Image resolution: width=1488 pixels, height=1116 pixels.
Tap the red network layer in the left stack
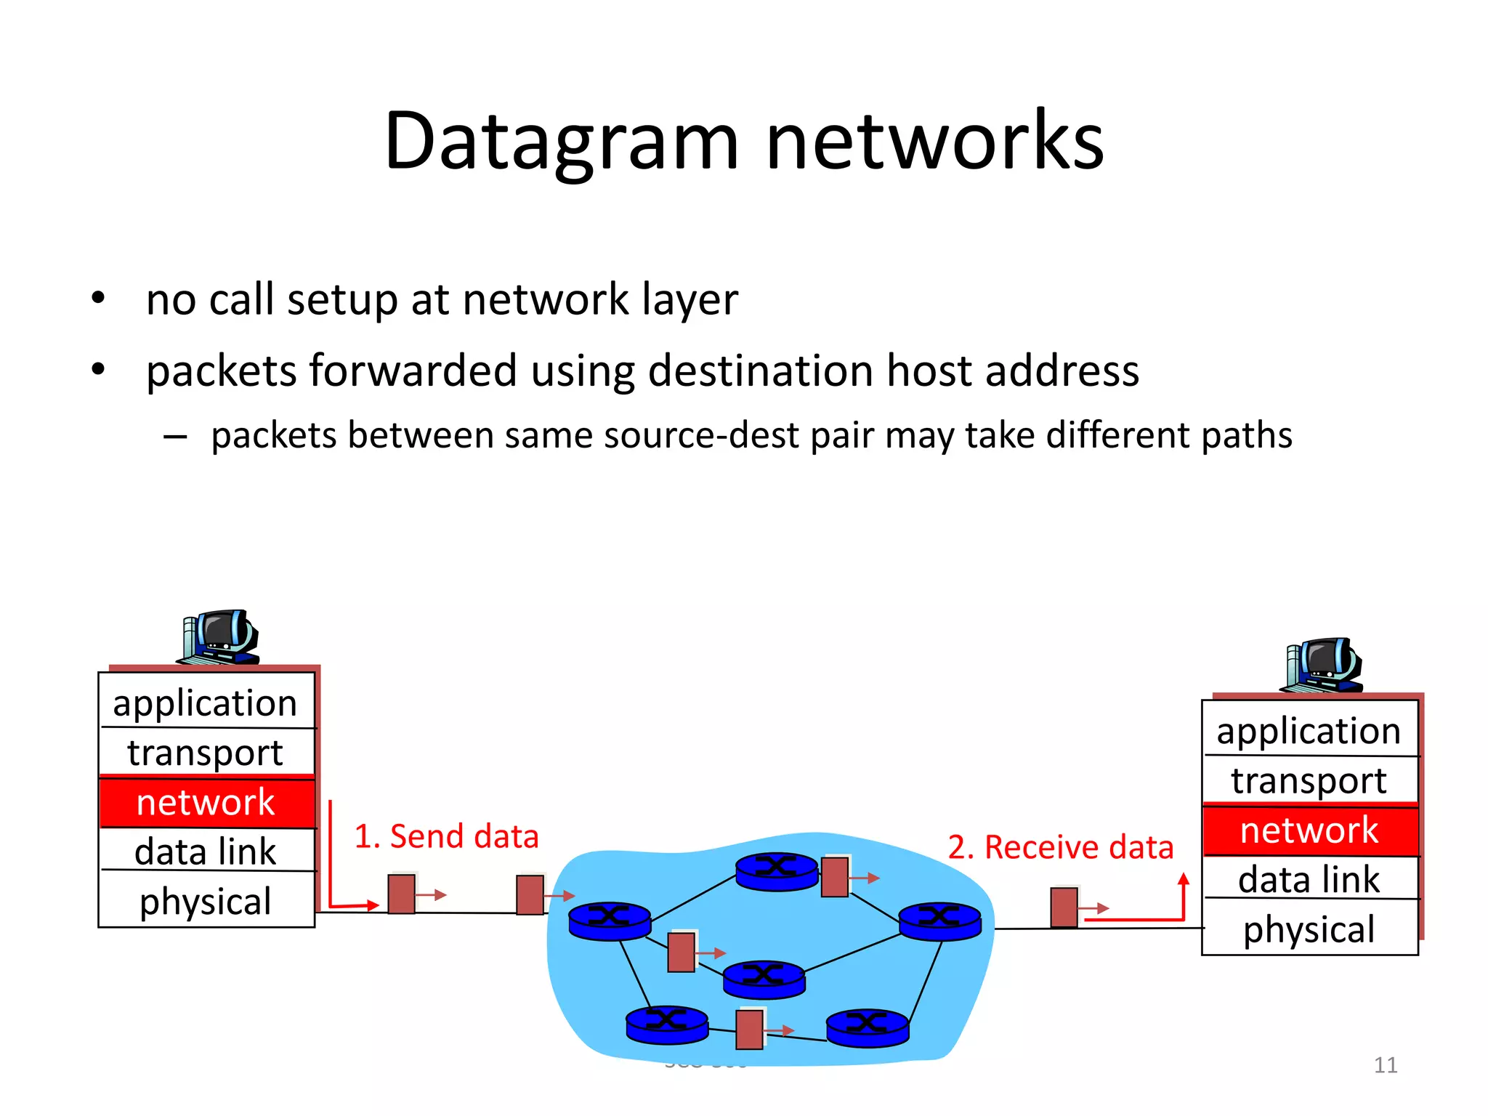point(206,803)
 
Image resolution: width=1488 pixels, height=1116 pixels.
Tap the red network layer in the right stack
point(1309,830)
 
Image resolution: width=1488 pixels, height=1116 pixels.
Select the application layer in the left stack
point(206,703)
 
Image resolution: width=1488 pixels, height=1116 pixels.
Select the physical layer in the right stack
point(1309,929)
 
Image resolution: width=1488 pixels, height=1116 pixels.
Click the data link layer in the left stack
point(206,852)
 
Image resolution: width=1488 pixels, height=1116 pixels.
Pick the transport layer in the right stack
point(1309,781)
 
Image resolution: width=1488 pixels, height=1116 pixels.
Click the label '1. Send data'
point(446,836)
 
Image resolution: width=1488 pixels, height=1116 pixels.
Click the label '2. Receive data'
point(1061,847)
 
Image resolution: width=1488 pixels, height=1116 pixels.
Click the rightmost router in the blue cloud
point(940,921)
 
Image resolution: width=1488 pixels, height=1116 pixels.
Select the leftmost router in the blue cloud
point(610,921)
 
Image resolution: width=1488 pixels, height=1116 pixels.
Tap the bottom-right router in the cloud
point(868,1027)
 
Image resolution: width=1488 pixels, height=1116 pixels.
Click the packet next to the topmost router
point(835,877)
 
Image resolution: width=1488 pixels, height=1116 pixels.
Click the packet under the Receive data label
point(1064,907)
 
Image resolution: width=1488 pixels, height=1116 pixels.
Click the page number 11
point(1386,1065)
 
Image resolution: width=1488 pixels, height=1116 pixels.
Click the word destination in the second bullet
point(761,371)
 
